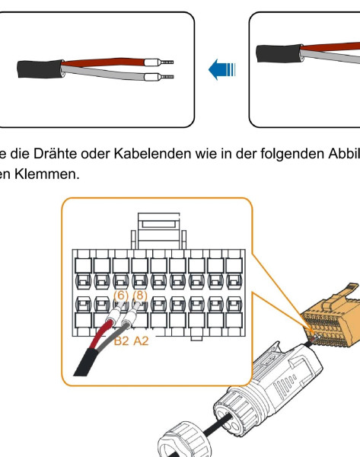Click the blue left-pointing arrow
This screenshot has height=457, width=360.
click(221, 69)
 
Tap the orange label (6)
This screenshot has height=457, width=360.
click(121, 296)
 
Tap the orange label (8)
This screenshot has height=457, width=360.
click(140, 296)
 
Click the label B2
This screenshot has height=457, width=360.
click(121, 340)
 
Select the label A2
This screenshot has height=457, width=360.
click(141, 340)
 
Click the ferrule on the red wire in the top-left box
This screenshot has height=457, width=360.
click(159, 62)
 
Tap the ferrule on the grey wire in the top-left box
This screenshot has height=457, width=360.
click(159, 77)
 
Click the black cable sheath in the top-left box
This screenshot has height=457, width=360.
click(40, 69)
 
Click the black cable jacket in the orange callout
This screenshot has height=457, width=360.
click(86, 363)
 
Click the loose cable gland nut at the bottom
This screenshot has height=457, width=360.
click(183, 439)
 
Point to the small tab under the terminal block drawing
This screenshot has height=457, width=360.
click(196, 338)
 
